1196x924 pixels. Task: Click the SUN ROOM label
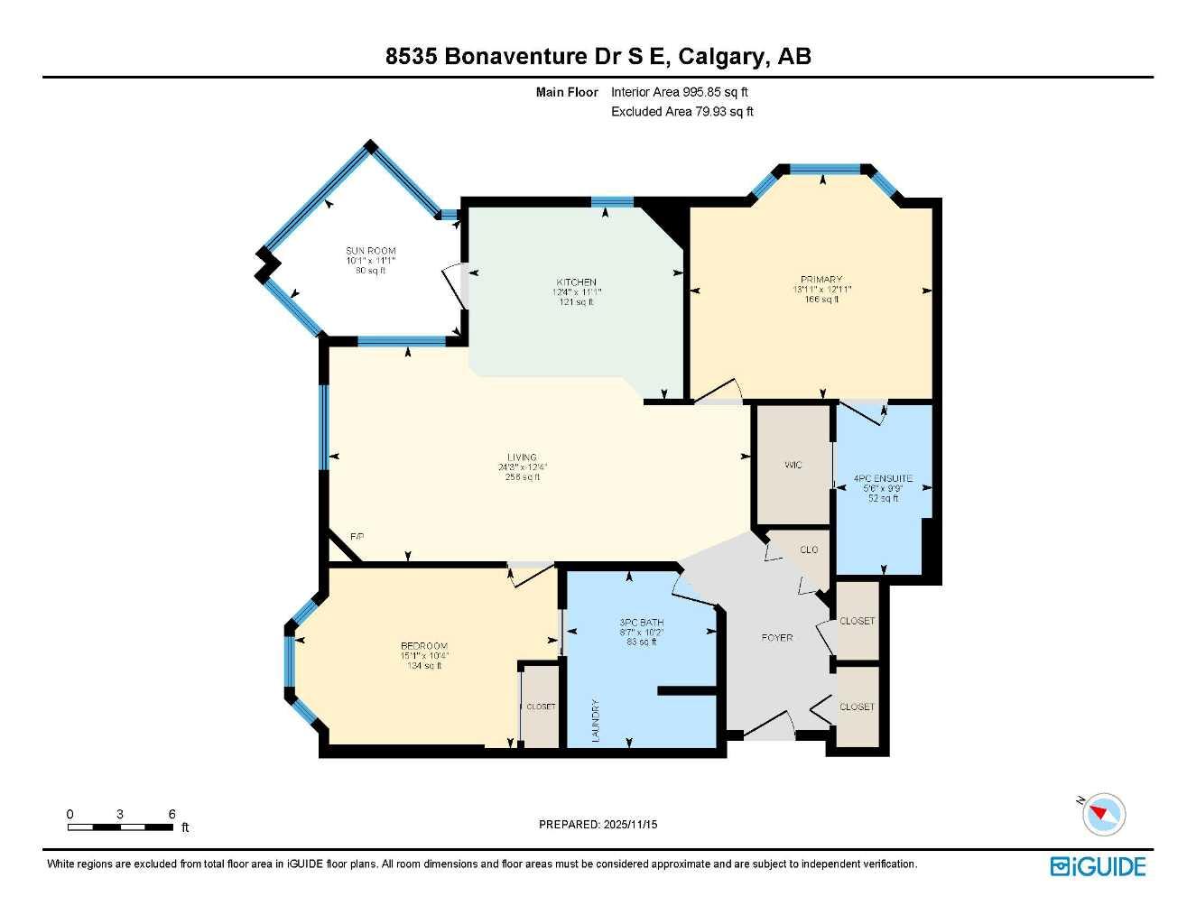(x=370, y=251)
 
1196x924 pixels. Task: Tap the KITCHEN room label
(x=576, y=282)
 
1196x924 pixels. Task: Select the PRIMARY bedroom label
(x=821, y=280)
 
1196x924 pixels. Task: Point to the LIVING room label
(x=522, y=457)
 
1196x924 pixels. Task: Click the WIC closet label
(x=793, y=465)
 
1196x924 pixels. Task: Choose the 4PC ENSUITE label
(x=883, y=478)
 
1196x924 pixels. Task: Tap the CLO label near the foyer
(x=809, y=550)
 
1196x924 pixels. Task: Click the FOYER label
(x=776, y=637)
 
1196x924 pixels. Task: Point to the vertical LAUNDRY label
(x=596, y=720)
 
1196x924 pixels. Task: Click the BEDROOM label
(x=424, y=646)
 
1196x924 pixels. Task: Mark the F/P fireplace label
(x=357, y=537)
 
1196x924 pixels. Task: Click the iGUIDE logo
(x=1098, y=866)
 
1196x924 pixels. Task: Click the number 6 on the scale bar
(x=172, y=814)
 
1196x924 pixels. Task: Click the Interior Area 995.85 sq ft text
(x=679, y=92)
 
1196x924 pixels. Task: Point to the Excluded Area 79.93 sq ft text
(x=681, y=112)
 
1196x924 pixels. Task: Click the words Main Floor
(x=567, y=92)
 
